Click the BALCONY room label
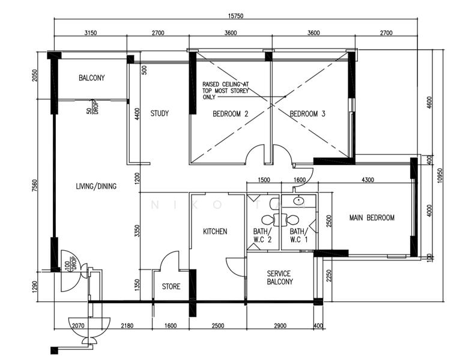[92, 78]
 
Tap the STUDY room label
[160, 113]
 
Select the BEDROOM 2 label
[231, 114]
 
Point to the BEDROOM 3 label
[307, 114]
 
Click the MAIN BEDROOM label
[372, 218]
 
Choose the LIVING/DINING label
[96, 187]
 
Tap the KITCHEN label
[214, 231]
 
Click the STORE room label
[171, 287]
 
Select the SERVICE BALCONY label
[280, 277]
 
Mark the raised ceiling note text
[225, 91]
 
